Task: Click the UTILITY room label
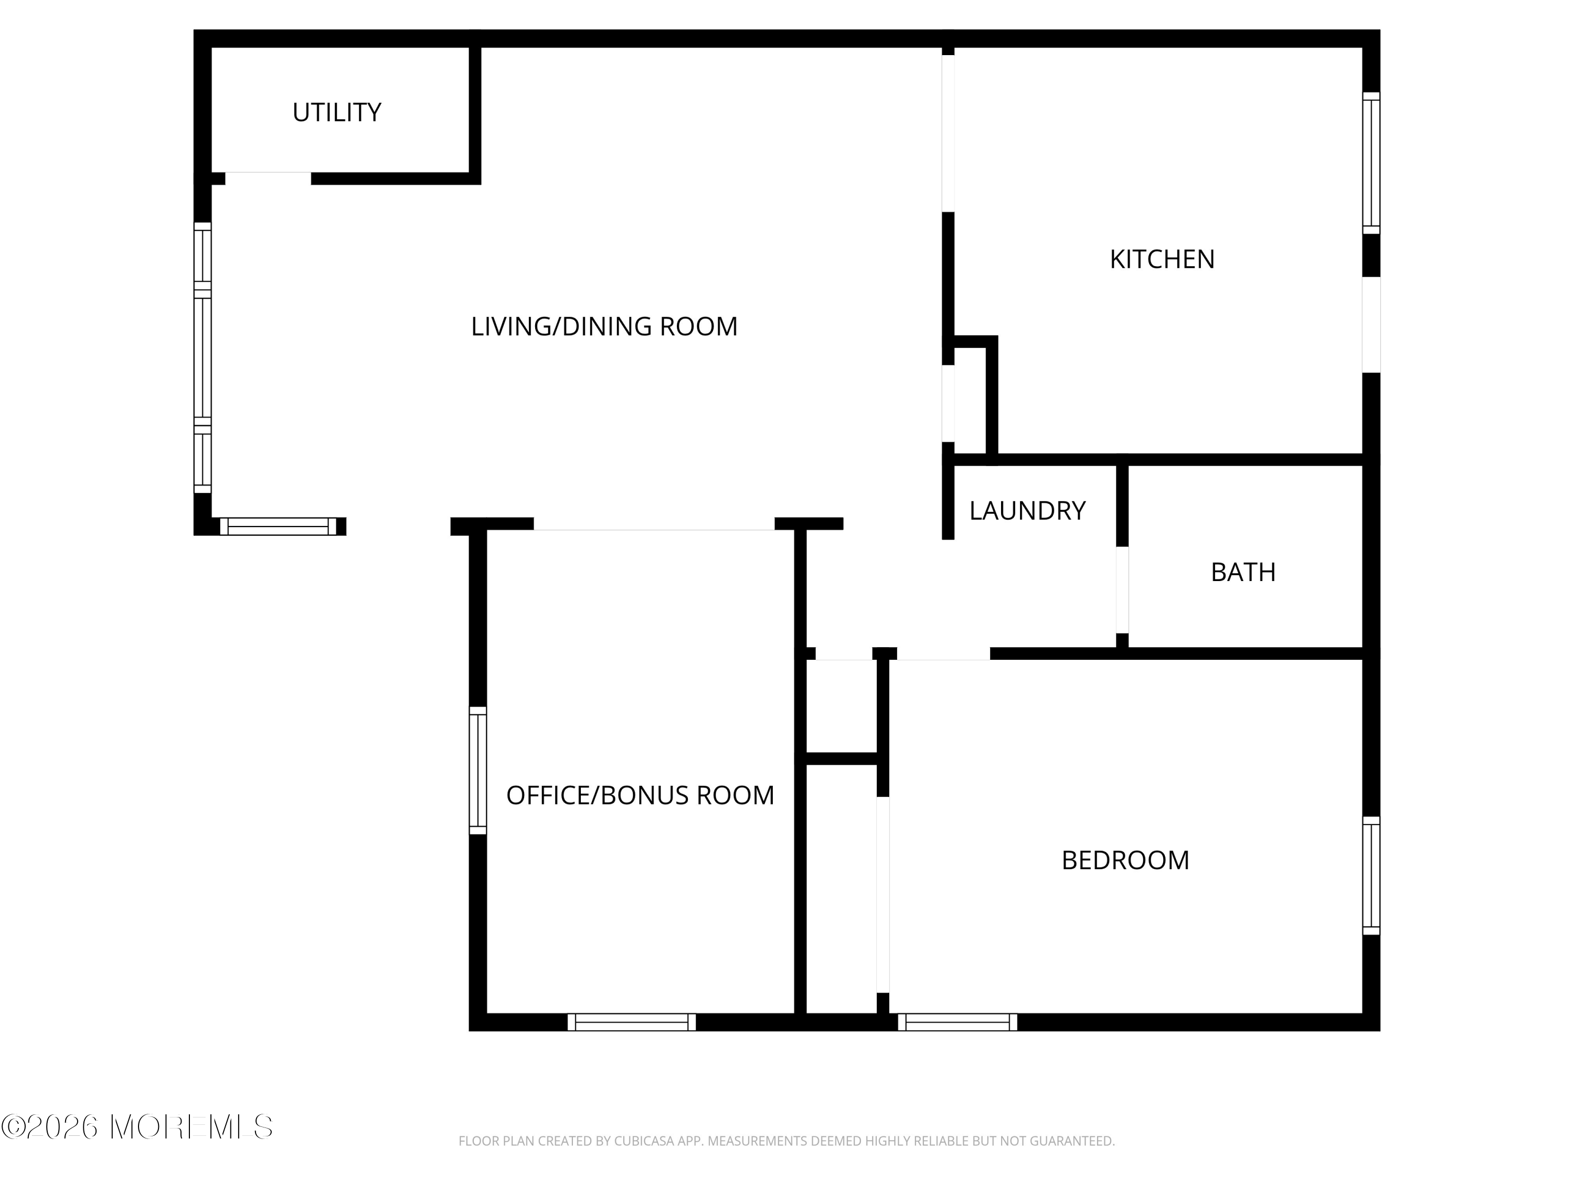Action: coord(337,112)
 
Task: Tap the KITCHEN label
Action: coord(1162,259)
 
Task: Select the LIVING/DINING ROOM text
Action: coord(604,326)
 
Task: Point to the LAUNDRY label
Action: coord(1027,510)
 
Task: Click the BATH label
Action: coord(1243,572)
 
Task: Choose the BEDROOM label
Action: coord(1125,860)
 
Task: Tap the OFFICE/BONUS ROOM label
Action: coord(640,795)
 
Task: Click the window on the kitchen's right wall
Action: coord(1371,163)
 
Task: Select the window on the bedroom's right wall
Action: coord(1371,876)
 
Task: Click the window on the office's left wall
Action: coord(477,770)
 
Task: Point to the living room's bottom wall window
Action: coord(278,527)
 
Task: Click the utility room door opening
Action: coord(268,178)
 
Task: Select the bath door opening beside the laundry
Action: coord(1122,590)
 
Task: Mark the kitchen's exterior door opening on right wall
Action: coord(1371,324)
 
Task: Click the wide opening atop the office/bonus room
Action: coord(654,524)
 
